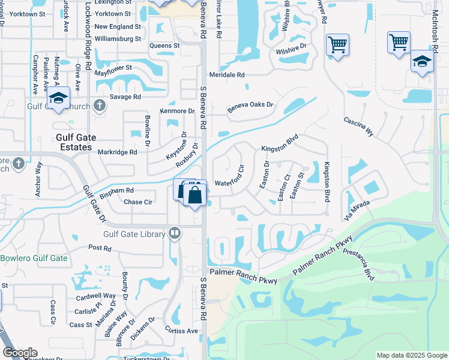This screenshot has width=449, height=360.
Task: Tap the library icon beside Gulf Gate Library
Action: (175, 232)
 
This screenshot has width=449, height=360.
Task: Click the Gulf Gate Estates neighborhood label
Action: (74, 142)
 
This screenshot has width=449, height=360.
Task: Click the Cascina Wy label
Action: (358, 127)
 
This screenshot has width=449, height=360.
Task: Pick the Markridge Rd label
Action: (117, 152)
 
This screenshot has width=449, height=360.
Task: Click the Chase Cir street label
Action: (138, 202)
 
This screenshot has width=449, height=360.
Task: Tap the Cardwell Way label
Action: (95, 296)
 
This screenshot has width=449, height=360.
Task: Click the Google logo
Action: (20, 353)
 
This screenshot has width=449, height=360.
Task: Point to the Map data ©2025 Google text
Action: (411, 355)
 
